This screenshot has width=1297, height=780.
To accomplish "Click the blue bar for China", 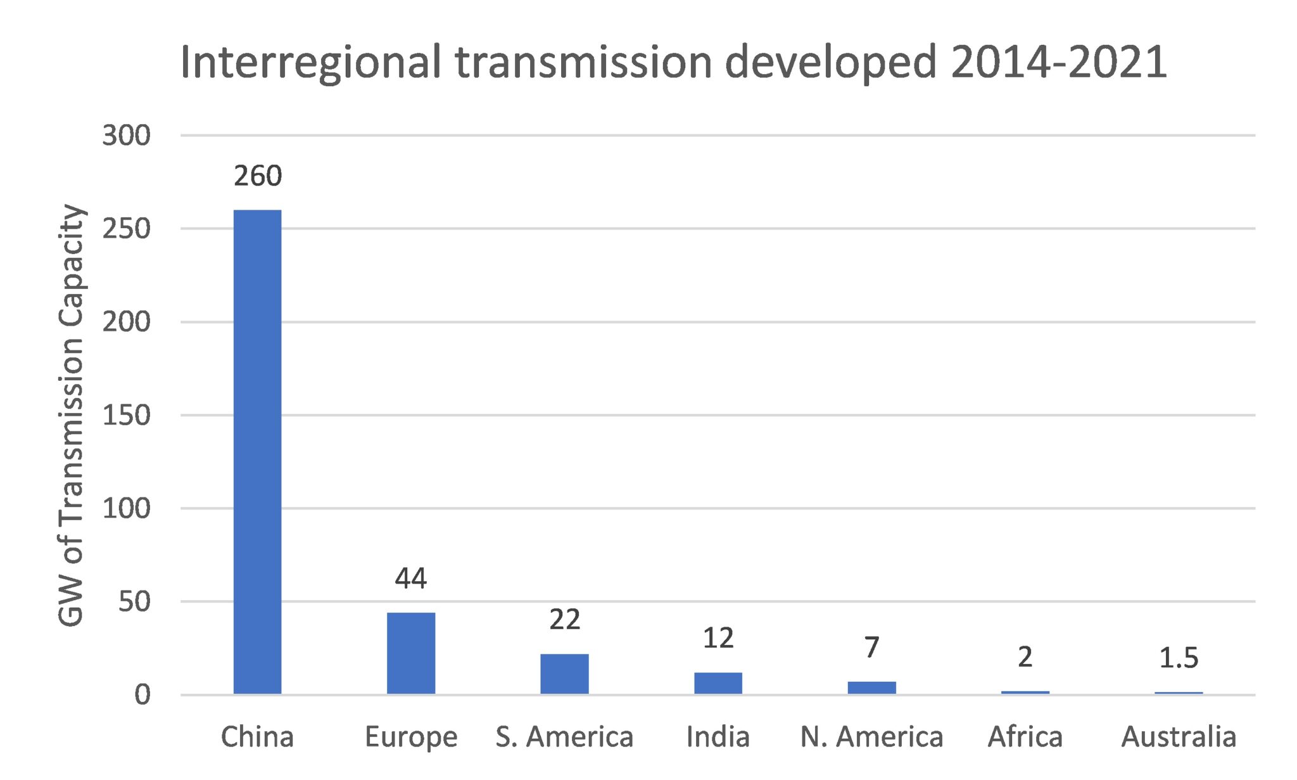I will tap(257, 451).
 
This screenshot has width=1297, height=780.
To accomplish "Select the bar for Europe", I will tap(411, 653).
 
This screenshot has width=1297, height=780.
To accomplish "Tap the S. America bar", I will tap(564, 674).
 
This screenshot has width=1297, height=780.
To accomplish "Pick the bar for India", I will tap(718, 683).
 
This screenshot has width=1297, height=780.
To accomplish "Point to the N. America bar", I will tap(871, 687).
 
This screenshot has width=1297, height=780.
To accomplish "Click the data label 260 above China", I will tap(257, 176).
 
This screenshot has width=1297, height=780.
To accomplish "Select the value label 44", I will tap(411, 579).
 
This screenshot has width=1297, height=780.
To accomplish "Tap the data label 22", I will tap(564, 620).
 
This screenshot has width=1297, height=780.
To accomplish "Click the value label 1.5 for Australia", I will tap(1179, 658).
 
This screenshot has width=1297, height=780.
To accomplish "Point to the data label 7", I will tap(871, 648).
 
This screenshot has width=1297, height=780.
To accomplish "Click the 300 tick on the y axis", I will tap(126, 136).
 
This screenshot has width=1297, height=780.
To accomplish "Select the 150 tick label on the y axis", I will tap(126, 416).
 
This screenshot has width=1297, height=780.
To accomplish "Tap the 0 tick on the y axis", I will tap(142, 695).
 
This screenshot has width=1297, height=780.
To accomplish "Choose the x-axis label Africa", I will tap(1025, 737).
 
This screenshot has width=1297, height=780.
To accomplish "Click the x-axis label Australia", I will tap(1179, 737).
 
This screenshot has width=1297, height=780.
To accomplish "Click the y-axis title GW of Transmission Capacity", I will tap(71, 415).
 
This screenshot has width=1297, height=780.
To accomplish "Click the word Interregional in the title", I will tap(310, 63).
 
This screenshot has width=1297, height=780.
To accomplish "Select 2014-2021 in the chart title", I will tap(1058, 62).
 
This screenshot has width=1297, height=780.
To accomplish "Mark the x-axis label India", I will tap(718, 737).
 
